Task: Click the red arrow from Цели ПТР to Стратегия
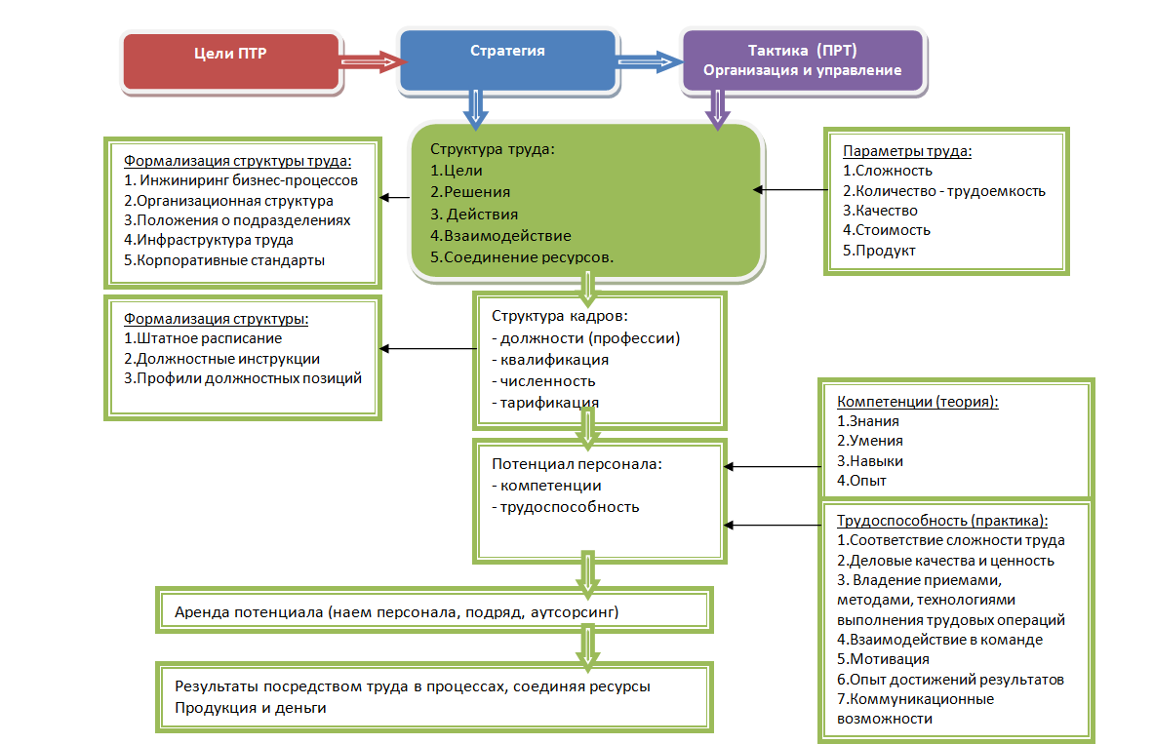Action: [x=371, y=61]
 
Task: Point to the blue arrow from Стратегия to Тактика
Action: [x=650, y=63]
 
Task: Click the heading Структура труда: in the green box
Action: [x=492, y=150]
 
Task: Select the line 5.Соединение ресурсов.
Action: [x=522, y=257]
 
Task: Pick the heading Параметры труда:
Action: [x=907, y=151]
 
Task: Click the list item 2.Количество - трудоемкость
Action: [x=944, y=191]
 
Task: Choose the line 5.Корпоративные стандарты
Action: [x=224, y=260]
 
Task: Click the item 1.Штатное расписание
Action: [x=203, y=338]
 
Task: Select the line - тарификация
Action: [x=545, y=402]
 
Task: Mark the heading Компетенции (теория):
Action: [x=918, y=401]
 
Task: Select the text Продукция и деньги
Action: [x=250, y=708]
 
